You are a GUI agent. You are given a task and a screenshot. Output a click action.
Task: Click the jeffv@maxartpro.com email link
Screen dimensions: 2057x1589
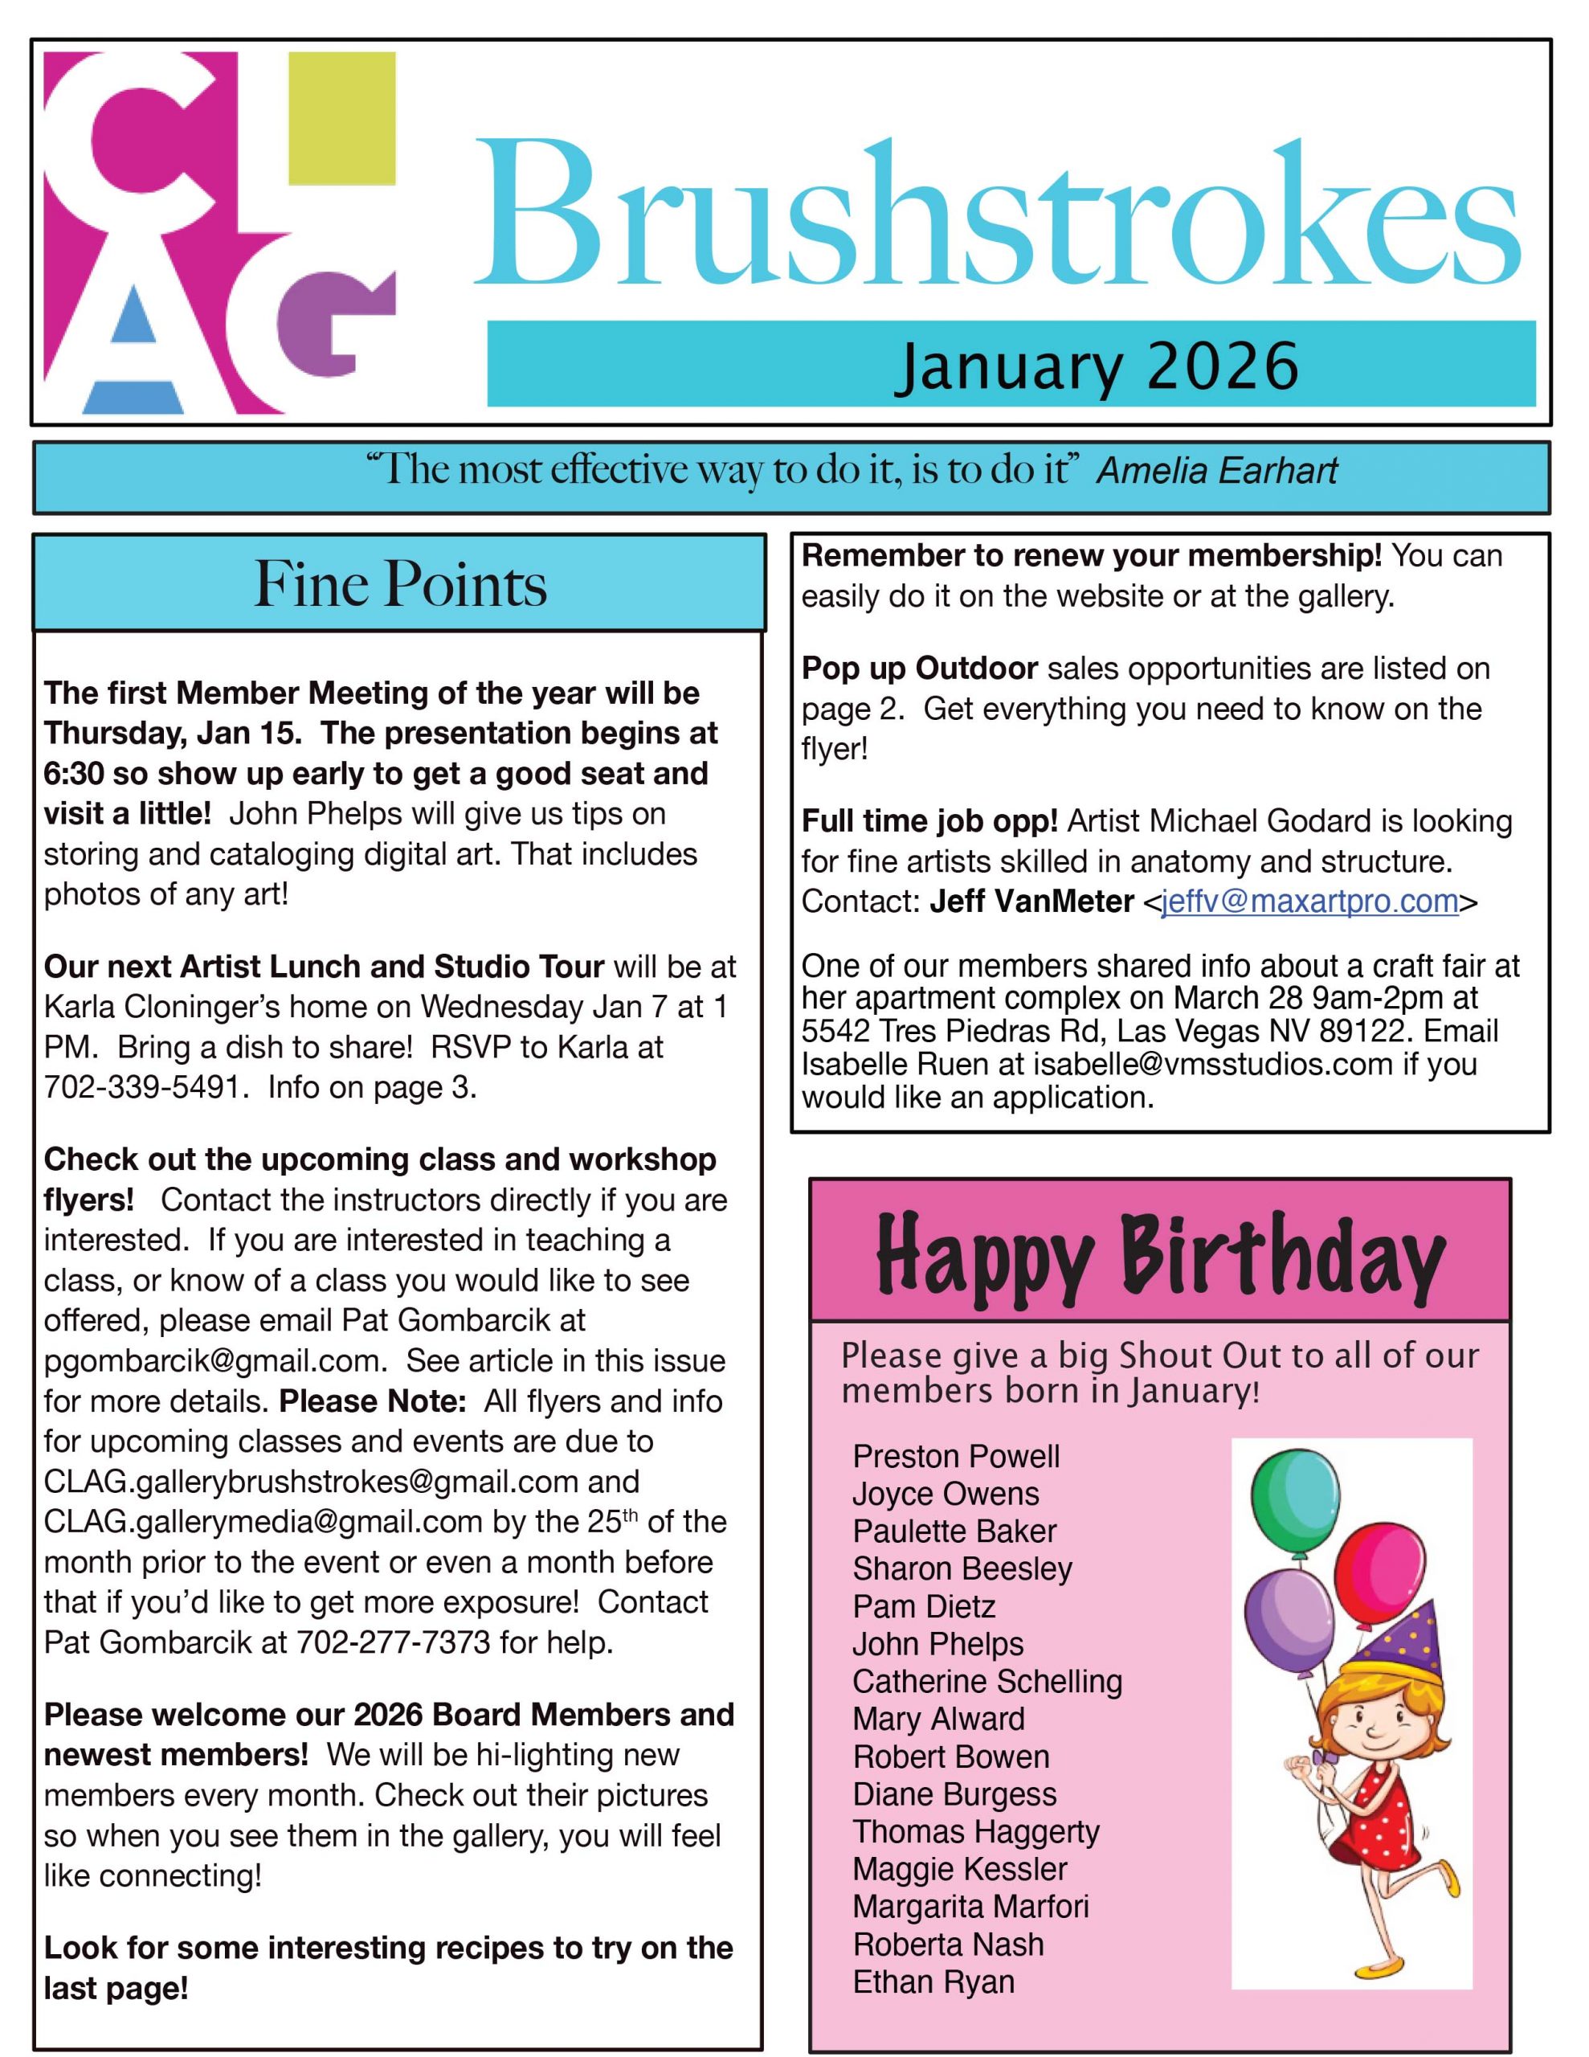[1309, 902]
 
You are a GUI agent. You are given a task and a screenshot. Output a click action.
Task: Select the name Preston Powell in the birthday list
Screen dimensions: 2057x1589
[956, 1457]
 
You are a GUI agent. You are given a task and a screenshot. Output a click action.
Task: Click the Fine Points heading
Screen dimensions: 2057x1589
[400, 584]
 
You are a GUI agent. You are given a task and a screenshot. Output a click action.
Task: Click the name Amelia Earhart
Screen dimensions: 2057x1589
[1217, 470]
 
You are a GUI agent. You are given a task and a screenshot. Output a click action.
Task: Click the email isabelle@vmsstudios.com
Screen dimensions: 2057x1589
[1212, 1065]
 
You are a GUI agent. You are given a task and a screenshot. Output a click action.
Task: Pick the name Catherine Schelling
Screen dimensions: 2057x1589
[987, 1681]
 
